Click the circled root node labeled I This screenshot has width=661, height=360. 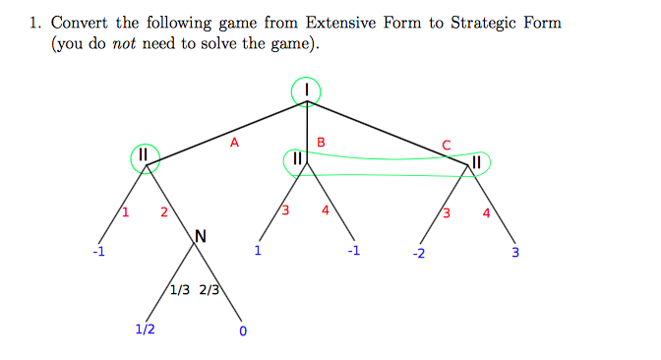pyautogui.click(x=307, y=90)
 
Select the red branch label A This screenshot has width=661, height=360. pyautogui.click(x=233, y=143)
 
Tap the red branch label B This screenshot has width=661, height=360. pyautogui.click(x=322, y=145)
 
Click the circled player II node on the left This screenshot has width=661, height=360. pyautogui.click(x=144, y=155)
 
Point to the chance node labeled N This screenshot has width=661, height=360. pyautogui.click(x=201, y=236)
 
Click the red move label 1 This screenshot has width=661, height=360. pyautogui.click(x=125, y=212)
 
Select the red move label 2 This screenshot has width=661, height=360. pyautogui.click(x=164, y=212)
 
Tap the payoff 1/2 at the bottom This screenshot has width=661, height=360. pyautogui.click(x=145, y=329)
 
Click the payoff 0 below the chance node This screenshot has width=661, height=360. pyautogui.click(x=242, y=330)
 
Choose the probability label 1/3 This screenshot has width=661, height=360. pyautogui.click(x=180, y=290)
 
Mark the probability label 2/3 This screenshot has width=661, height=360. pyautogui.click(x=210, y=290)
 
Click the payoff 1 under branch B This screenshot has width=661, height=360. pyautogui.click(x=257, y=250)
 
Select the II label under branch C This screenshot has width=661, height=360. pyautogui.click(x=477, y=161)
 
